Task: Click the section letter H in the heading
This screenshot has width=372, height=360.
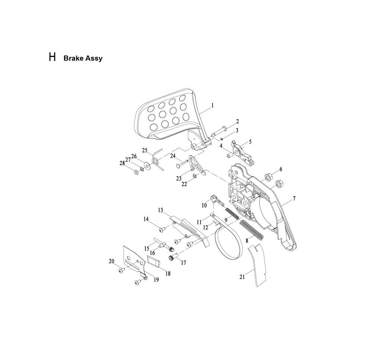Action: click(52, 57)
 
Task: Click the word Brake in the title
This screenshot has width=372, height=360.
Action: click(73, 58)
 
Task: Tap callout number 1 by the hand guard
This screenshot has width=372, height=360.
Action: click(212, 105)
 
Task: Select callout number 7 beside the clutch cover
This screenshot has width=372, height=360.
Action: click(294, 198)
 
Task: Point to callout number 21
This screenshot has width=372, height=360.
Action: click(242, 277)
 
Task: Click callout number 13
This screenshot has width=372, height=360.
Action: click(161, 210)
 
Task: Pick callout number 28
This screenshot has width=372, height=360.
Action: click(122, 163)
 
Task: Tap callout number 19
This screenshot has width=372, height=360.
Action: click(156, 280)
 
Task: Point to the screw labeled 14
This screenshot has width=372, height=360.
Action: click(162, 229)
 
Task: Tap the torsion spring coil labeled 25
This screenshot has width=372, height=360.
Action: click(155, 159)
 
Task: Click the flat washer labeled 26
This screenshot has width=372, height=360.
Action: click(146, 166)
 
